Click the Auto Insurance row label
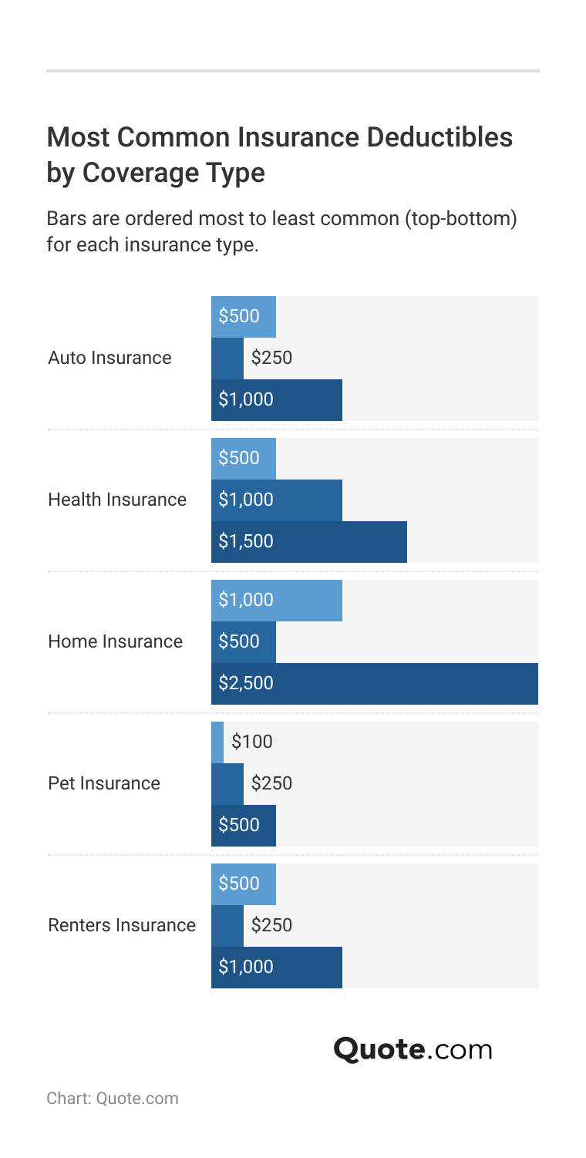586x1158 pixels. pos(109,359)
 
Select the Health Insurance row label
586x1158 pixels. pos(117,500)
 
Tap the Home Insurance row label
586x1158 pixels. pos(115,642)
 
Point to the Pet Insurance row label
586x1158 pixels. pos(104,784)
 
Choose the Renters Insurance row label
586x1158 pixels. pos(122,926)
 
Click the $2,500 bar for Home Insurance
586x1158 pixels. pos(374,684)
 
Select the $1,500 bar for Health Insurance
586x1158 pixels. pos(308,542)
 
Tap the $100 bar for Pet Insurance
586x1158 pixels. pos(217,742)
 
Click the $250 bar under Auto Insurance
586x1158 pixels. pos(227,359)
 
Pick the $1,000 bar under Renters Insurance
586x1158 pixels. pos(276,968)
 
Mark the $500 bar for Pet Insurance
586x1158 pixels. pos(243,826)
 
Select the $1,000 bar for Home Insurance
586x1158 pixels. pos(276,601)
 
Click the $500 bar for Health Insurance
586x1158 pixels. pos(243,459)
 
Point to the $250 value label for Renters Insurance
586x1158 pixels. pos(271,926)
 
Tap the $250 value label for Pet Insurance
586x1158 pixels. pos(271,784)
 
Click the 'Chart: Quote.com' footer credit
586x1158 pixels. pos(113,1098)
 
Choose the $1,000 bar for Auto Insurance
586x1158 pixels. pos(276,400)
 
